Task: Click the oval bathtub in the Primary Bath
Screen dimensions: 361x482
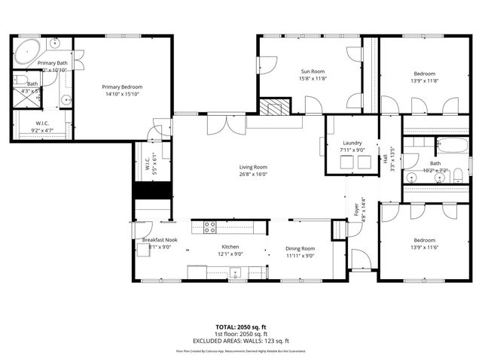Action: tap(29, 50)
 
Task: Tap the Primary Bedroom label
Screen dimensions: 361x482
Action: tap(122, 87)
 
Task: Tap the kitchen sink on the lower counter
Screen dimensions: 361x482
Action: tap(235, 273)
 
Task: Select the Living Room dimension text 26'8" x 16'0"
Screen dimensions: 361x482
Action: tap(254, 174)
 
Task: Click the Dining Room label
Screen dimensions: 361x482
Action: tap(300, 248)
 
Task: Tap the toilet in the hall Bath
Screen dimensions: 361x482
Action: tap(411, 178)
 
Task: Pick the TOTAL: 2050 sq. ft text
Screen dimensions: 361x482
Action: tap(240, 327)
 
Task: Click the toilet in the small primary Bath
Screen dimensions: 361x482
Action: tap(20, 82)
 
